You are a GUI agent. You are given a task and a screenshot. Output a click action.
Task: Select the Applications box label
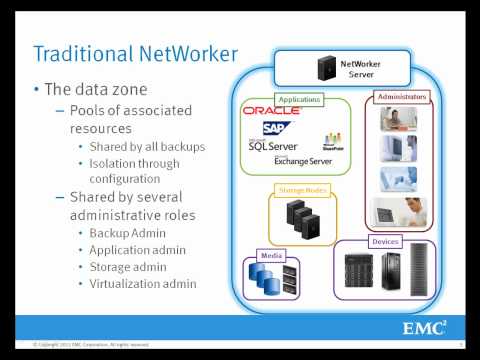coord(299,99)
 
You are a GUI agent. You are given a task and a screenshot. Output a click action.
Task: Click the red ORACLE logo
coord(272,111)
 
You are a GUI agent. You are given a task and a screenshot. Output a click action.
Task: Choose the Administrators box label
coord(402,97)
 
